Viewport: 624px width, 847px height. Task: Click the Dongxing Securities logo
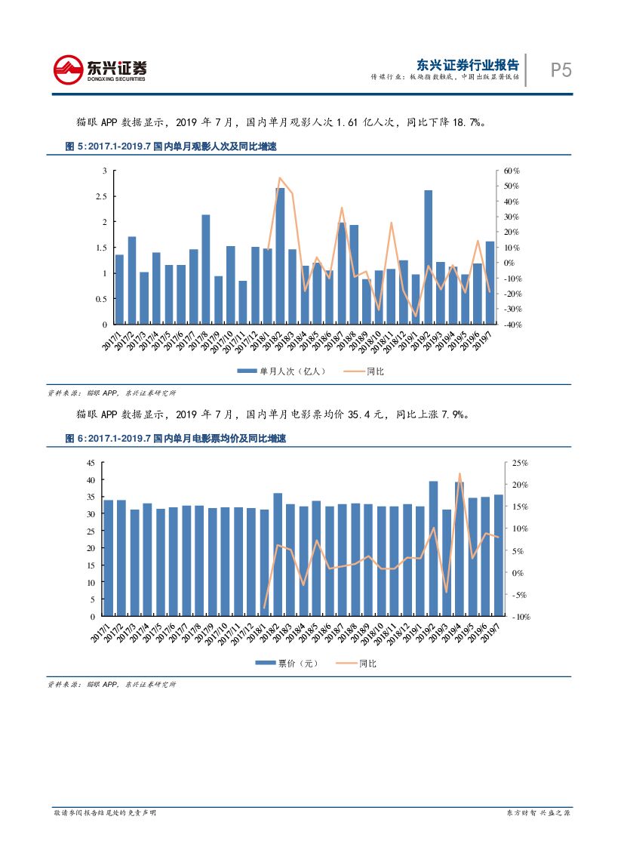(100, 70)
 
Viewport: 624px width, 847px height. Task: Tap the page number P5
(561, 70)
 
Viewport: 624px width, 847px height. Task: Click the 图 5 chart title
(171, 147)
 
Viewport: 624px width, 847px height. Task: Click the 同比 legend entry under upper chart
(364, 371)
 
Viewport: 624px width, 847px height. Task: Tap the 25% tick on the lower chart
(518, 463)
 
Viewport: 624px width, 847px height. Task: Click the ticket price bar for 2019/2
(433, 549)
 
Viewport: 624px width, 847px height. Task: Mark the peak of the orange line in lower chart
(460, 474)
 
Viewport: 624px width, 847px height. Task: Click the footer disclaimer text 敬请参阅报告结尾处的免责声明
(105, 812)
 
